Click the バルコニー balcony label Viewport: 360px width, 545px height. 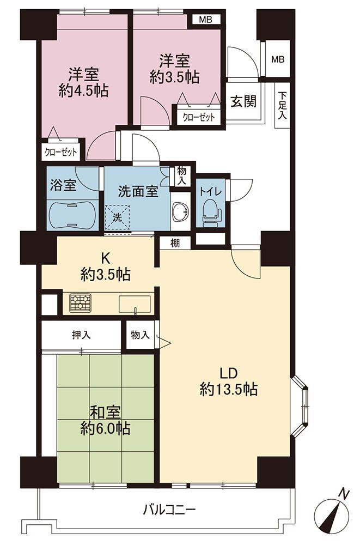tap(170, 510)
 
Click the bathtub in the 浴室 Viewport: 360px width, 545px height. tap(72, 215)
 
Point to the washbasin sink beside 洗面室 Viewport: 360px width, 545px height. tap(181, 211)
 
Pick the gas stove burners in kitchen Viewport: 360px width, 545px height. tap(80, 302)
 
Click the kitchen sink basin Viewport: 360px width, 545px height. tap(135, 304)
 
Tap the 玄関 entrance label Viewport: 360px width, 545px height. tap(243, 101)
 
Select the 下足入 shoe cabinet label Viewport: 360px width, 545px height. tap(282, 105)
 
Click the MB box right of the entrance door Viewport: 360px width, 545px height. tap(278, 59)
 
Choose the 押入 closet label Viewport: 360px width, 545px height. tap(81, 335)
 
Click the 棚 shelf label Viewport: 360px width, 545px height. tap(175, 243)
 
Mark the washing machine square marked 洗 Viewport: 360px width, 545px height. tap(118, 217)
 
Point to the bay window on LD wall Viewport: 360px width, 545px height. tap(300, 405)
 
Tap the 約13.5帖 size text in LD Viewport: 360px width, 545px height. tap(228, 390)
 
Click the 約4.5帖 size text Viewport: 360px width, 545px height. tap(83, 90)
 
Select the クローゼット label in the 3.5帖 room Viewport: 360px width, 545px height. tap(199, 118)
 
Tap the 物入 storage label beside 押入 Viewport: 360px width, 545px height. tap(141, 335)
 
